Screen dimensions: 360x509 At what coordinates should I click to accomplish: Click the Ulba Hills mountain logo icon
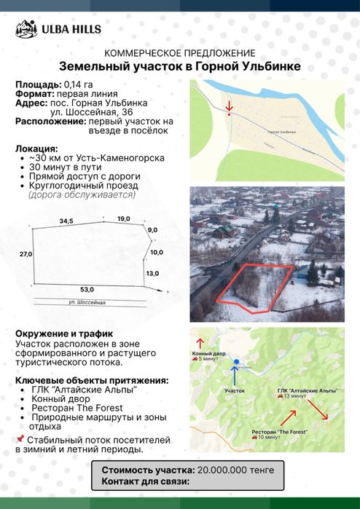click(26, 29)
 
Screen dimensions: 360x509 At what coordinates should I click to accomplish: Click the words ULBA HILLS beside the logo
click(71, 30)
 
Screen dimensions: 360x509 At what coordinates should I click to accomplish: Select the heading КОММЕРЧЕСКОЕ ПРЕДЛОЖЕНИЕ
click(180, 53)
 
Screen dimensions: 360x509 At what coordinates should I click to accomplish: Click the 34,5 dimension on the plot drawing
click(67, 220)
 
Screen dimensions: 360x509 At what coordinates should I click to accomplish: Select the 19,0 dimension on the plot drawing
click(123, 218)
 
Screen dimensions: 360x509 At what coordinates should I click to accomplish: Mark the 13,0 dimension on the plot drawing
click(152, 273)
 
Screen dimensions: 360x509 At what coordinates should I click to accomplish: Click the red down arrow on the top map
click(229, 106)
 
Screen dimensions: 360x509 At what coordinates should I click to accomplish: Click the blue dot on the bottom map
click(236, 361)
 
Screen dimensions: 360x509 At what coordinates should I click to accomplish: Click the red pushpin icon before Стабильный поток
click(19, 440)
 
